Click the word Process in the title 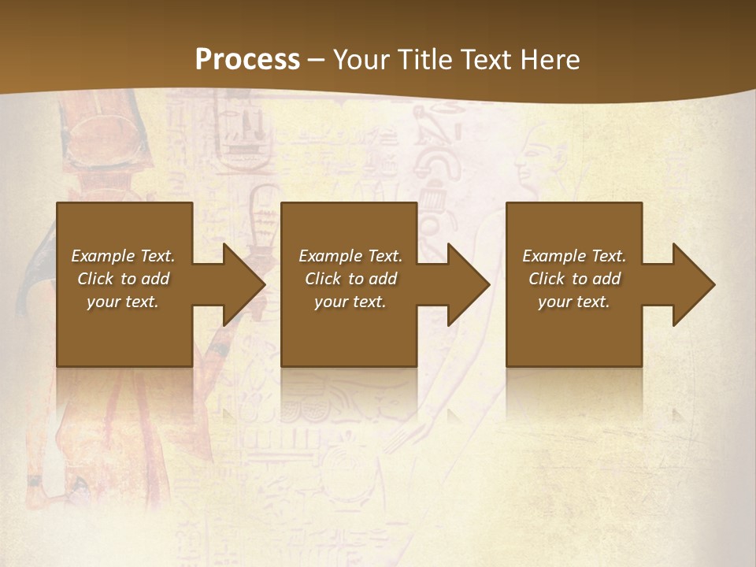(247, 60)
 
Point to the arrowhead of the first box (240, 284)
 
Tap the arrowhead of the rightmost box (690, 284)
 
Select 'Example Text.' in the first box (123, 256)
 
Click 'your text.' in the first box (123, 302)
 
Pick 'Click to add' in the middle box (350, 279)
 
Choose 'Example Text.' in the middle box (350, 256)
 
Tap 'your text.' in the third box (574, 302)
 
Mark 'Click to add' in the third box (574, 279)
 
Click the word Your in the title (361, 60)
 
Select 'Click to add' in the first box (123, 279)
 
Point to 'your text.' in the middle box (350, 302)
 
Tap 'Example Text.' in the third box (574, 256)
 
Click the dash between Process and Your (316, 60)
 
